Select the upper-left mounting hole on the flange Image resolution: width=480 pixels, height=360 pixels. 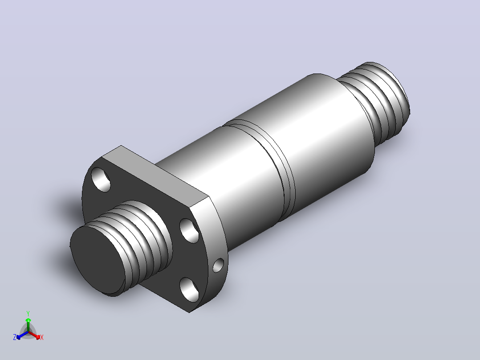click(x=101, y=180)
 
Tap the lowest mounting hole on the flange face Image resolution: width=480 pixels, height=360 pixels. click(x=189, y=289)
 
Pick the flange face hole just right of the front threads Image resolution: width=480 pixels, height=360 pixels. click(x=189, y=230)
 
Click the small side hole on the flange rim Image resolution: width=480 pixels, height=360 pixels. click(x=218, y=266)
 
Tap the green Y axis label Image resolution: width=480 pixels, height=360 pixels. click(x=28, y=313)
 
